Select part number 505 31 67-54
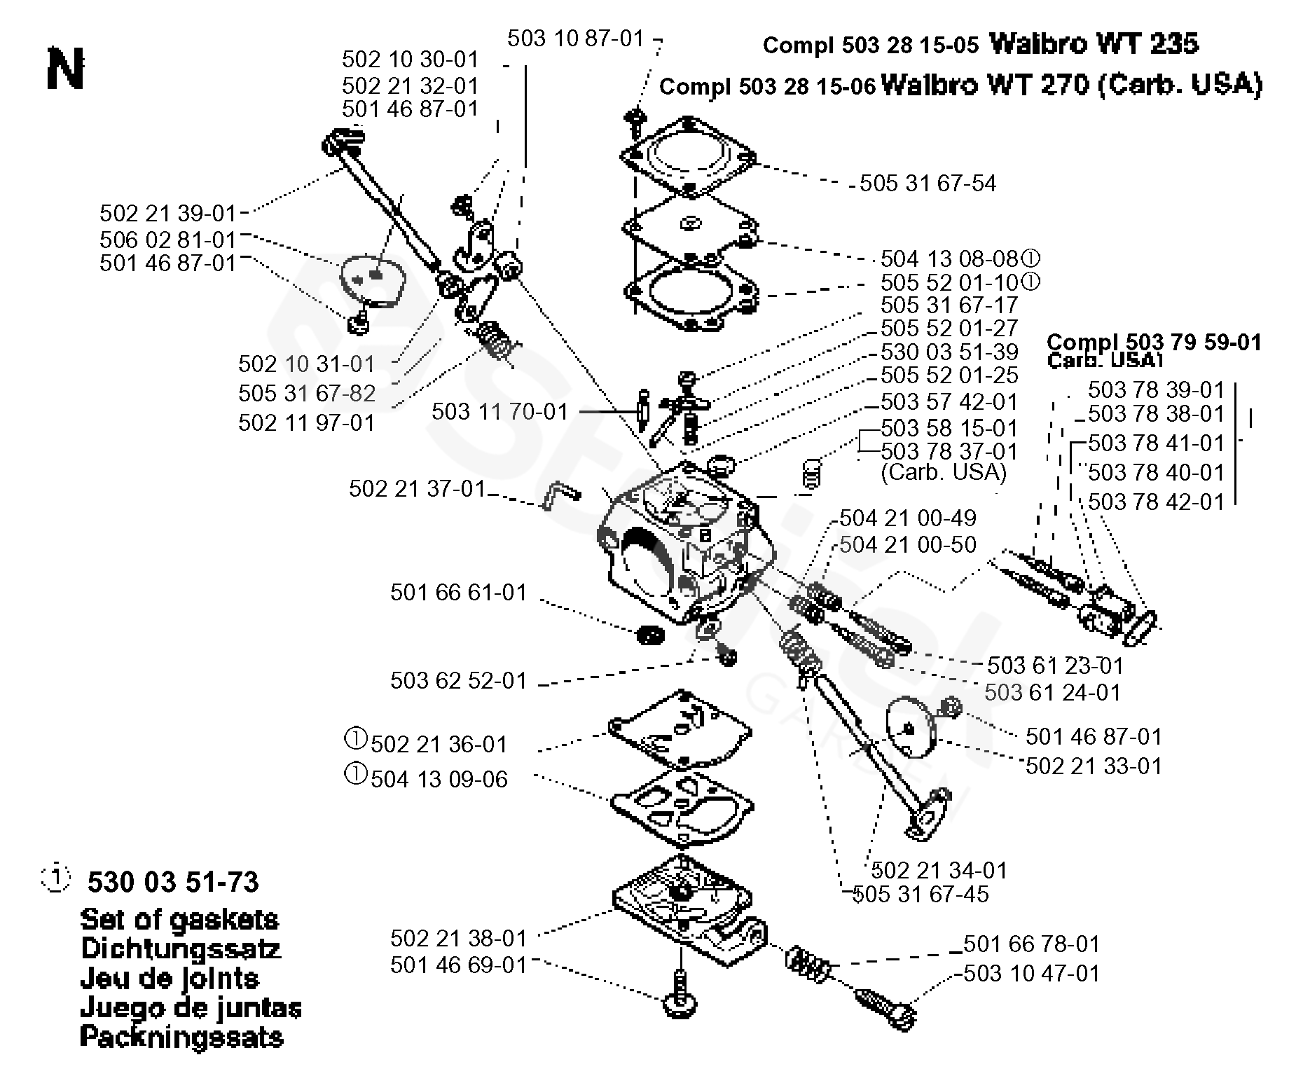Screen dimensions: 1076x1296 (x=928, y=184)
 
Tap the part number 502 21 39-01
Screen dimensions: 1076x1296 (x=168, y=213)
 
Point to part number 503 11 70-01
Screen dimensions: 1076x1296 (x=499, y=411)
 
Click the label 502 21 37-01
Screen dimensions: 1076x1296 (x=417, y=488)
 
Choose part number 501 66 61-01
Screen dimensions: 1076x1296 (x=458, y=593)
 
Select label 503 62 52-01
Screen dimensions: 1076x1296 (x=458, y=680)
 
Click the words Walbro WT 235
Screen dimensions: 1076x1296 (x=1094, y=44)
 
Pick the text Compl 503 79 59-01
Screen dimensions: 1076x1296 (x=1153, y=342)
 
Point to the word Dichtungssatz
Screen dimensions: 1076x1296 (x=180, y=949)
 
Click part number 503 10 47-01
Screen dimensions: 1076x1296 (x=1031, y=973)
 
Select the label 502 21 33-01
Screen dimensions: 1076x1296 (x=1094, y=766)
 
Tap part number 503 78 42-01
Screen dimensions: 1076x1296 (x=1155, y=502)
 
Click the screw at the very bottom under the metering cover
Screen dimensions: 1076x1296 (x=681, y=994)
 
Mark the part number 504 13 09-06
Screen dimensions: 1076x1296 (x=439, y=779)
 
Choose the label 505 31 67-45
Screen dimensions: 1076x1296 (x=921, y=894)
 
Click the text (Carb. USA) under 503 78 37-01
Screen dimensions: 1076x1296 (x=943, y=472)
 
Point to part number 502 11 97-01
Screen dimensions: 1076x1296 (x=306, y=422)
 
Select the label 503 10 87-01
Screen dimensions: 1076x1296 (x=575, y=39)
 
